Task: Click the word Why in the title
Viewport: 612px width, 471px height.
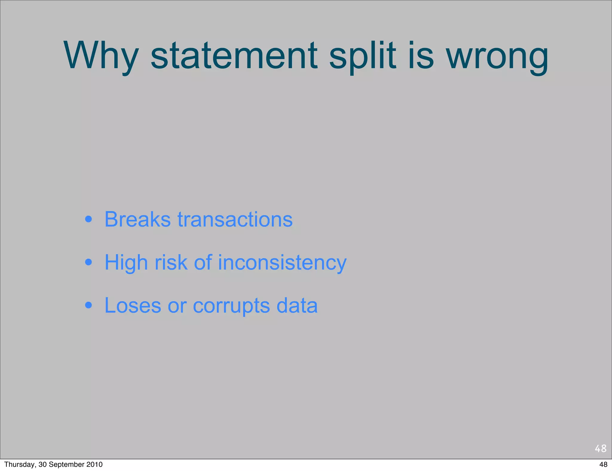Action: point(101,56)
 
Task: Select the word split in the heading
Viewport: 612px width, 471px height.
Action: point(362,56)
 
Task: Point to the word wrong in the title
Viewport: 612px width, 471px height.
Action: point(497,56)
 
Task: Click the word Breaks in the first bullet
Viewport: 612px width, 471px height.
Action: point(137,220)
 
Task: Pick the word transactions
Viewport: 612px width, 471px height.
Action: point(235,220)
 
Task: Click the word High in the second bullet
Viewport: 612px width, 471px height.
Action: point(126,263)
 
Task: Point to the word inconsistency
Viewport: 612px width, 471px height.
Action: point(282,263)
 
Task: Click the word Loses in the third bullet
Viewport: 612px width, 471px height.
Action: point(133,306)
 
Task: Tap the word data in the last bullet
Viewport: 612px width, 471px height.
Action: point(297,306)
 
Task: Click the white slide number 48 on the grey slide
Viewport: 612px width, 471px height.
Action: point(600,448)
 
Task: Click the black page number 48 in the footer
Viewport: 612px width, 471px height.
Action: point(603,464)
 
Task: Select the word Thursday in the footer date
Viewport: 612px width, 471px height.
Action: point(20,464)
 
